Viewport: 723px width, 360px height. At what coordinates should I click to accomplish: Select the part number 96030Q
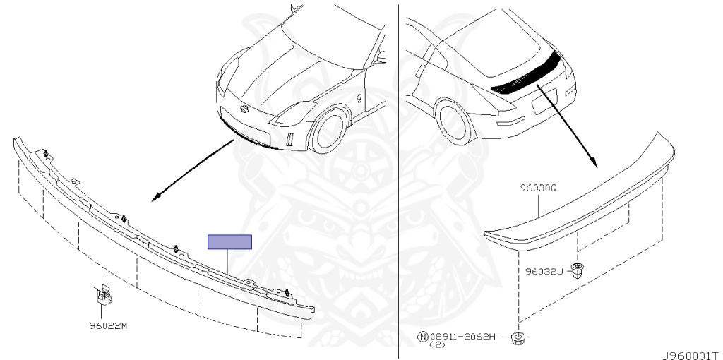point(539,189)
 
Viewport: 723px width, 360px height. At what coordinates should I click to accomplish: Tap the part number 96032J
point(544,271)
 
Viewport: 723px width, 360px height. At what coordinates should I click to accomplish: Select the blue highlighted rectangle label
point(229,242)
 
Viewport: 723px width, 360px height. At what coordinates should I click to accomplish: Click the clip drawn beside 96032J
point(578,270)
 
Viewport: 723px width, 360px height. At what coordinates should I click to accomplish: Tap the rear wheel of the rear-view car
point(452,119)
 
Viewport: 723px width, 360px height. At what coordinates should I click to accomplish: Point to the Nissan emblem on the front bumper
point(245,110)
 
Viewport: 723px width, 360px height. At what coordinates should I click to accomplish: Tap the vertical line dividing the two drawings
point(399,176)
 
